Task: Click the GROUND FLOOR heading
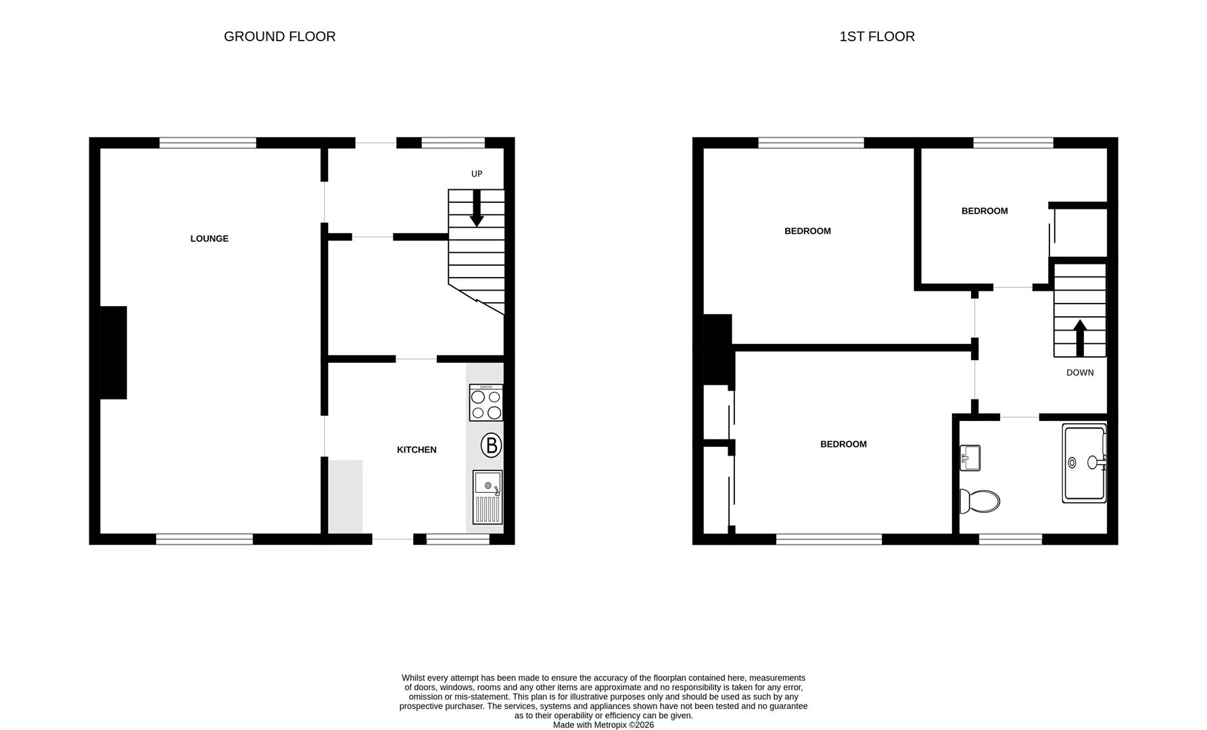[279, 36]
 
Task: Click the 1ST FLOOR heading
[876, 36]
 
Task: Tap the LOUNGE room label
[209, 239]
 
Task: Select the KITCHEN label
[416, 449]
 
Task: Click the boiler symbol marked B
[491, 445]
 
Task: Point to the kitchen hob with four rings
[486, 403]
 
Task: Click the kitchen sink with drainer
[487, 497]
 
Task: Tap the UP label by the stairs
[477, 174]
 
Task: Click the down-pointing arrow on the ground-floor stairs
[477, 209]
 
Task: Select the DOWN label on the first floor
[1079, 372]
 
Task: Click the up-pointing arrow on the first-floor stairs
[1079, 337]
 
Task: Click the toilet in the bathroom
[980, 502]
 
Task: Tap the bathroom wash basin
[970, 458]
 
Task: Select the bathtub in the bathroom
[1084, 463]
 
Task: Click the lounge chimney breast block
[114, 352]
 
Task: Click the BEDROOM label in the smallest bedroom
[984, 211]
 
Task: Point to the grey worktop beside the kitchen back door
[346, 496]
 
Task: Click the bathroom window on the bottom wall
[1010, 539]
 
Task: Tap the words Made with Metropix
[590, 725]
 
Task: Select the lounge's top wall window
[208, 143]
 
